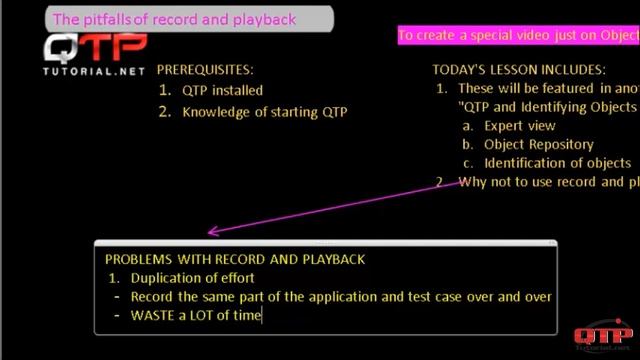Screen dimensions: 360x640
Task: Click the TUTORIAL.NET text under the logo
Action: (95, 73)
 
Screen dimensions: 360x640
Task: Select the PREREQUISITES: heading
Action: (205, 70)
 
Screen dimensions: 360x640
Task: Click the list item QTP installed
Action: (222, 90)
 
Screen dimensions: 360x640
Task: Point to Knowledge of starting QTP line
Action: (264, 112)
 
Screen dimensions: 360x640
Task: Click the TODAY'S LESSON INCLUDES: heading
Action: (518, 70)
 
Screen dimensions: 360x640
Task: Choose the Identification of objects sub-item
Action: (557, 163)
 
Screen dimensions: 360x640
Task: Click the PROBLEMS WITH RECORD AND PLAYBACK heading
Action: (234, 259)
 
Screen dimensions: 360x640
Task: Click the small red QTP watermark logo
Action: (602, 335)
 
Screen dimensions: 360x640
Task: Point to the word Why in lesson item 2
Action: (471, 182)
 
